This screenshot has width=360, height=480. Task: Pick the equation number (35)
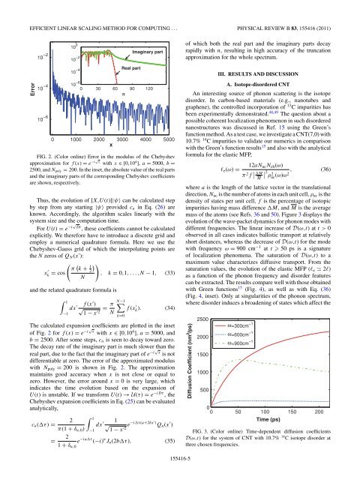(170, 442)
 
